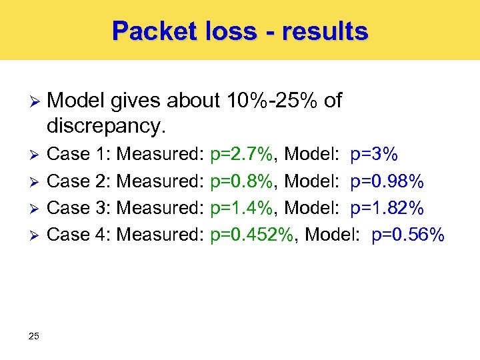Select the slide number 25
(34, 335)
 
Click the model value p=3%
(374, 155)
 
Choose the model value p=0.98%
(387, 181)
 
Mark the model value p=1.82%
(387, 208)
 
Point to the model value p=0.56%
(408, 235)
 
